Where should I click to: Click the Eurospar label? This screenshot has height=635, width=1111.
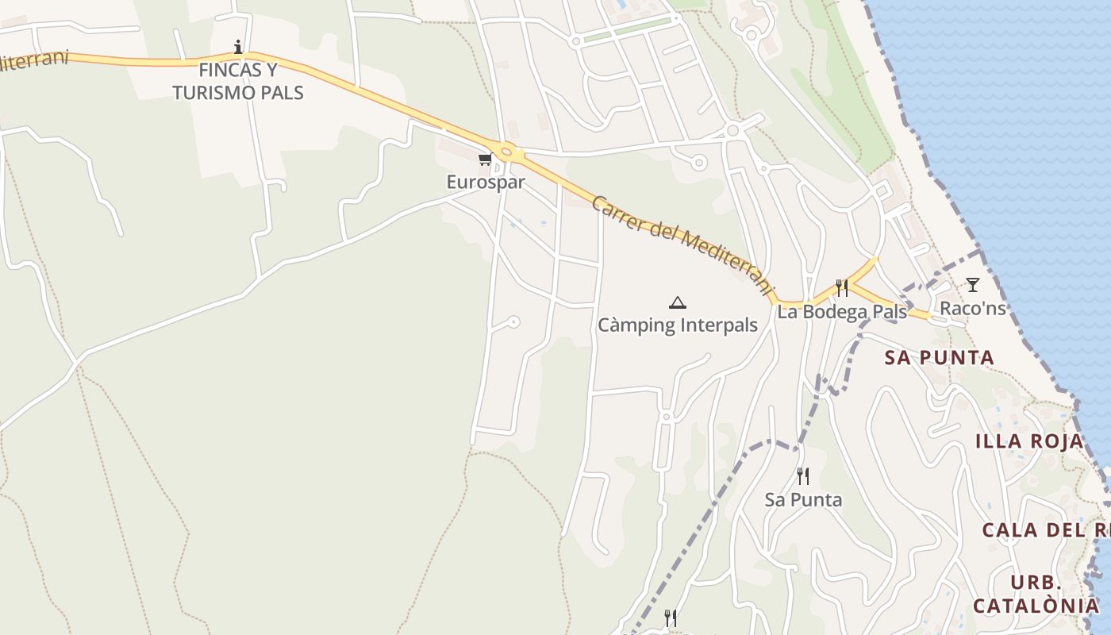pos(486,182)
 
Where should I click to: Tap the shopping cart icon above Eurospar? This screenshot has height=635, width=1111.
pos(485,160)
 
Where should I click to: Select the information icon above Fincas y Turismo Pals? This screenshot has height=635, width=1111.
pos(238,47)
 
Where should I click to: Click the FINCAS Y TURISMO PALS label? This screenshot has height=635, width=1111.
pos(238,81)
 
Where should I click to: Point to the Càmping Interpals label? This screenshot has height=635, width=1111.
pos(678,325)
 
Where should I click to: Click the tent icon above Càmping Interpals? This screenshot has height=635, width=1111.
pos(677,302)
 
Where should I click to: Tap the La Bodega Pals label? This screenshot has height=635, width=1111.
pos(842,312)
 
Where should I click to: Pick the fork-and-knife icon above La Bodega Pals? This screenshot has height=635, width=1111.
pos(842,287)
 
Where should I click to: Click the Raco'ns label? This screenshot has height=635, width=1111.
pos(973,308)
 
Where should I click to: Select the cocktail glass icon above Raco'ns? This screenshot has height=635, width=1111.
pos(973,285)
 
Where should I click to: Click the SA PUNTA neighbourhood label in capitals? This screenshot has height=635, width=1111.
pos(940,358)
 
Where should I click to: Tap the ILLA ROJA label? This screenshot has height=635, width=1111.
pos(1029,441)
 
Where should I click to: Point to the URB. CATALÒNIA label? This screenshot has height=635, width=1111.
pos(1036,594)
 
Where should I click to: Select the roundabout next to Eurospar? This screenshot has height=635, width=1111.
pos(507,150)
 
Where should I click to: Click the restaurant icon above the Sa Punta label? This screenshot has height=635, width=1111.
pos(803,476)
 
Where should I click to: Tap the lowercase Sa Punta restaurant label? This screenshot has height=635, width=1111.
pos(803,499)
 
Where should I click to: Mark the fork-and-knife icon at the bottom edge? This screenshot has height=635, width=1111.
pos(671,618)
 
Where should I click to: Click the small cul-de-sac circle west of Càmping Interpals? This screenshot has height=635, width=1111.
pos(513,321)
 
